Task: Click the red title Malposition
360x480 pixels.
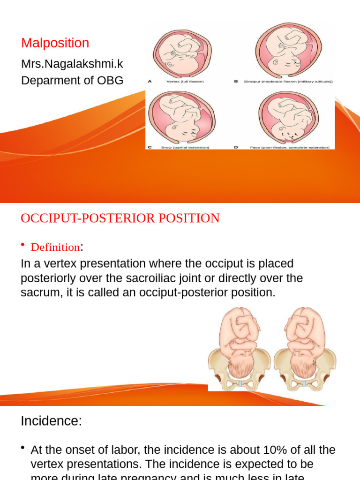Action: click(x=55, y=43)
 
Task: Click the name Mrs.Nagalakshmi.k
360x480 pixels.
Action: click(x=72, y=64)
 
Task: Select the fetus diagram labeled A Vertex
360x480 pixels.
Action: click(x=182, y=53)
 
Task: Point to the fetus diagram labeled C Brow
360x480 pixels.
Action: click(x=182, y=118)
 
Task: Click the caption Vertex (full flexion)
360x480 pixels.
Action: click(x=185, y=82)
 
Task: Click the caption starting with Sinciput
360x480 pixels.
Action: click(x=288, y=82)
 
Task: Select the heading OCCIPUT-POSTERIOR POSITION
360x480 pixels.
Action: click(x=120, y=218)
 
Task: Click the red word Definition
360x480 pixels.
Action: click(x=55, y=247)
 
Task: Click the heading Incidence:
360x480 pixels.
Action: click(x=51, y=421)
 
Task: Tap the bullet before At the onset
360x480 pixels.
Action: click(x=23, y=449)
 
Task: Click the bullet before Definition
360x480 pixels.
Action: click(x=23, y=245)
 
